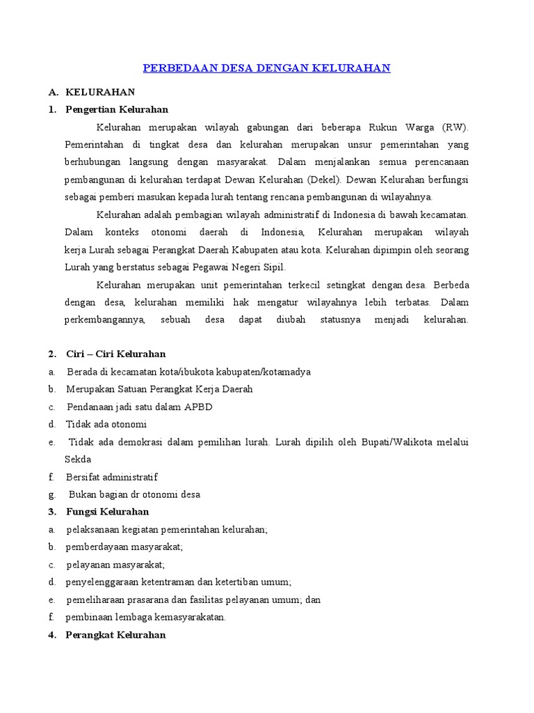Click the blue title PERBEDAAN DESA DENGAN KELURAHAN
click(x=266, y=68)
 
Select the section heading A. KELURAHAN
click(x=100, y=92)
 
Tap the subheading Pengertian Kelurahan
click(x=117, y=109)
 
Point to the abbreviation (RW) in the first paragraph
click(x=455, y=127)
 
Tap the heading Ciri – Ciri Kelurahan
click(x=115, y=354)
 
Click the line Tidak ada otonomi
click(x=106, y=424)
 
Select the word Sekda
click(x=78, y=459)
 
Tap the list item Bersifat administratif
click(x=112, y=477)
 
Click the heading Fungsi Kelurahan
click(x=107, y=512)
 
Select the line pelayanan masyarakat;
click(x=115, y=564)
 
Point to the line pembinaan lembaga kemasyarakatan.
click(x=146, y=617)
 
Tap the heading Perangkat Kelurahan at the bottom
click(x=115, y=634)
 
